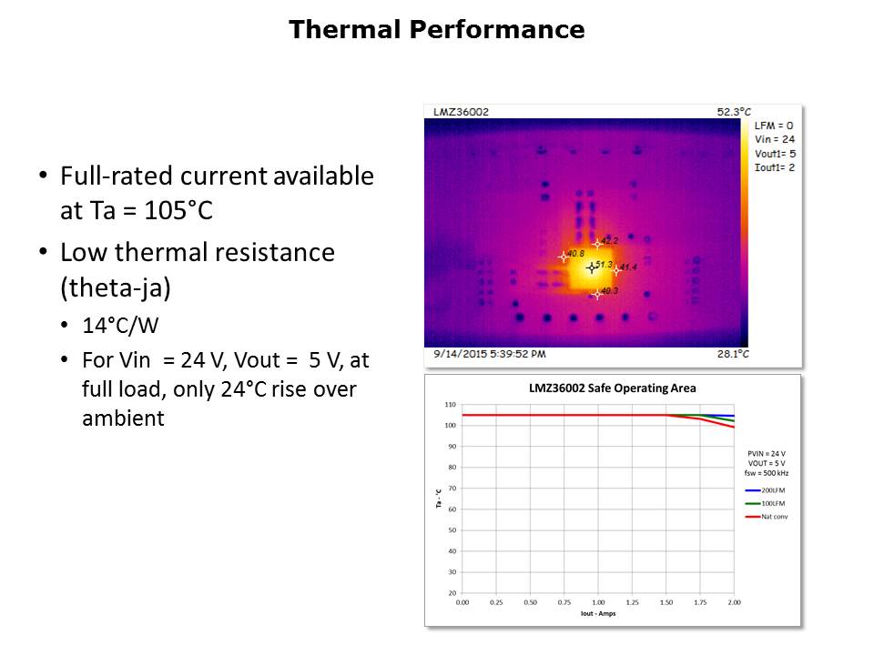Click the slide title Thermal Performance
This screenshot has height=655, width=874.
click(436, 30)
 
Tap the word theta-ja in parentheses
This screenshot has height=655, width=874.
click(117, 287)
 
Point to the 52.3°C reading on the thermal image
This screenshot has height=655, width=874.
click(733, 112)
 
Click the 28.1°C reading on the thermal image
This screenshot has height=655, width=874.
click(733, 354)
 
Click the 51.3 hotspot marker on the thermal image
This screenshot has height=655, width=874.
click(592, 267)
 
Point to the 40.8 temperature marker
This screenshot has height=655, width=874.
click(564, 257)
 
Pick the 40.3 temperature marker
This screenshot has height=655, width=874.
click(598, 293)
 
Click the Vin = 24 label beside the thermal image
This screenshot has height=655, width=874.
click(775, 139)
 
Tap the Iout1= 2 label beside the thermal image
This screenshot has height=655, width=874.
click(775, 168)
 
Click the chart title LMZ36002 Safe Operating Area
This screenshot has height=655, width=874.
click(612, 388)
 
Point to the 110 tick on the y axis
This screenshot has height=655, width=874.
click(450, 404)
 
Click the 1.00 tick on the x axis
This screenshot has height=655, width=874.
click(598, 602)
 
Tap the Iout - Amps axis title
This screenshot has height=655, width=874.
click(597, 614)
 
